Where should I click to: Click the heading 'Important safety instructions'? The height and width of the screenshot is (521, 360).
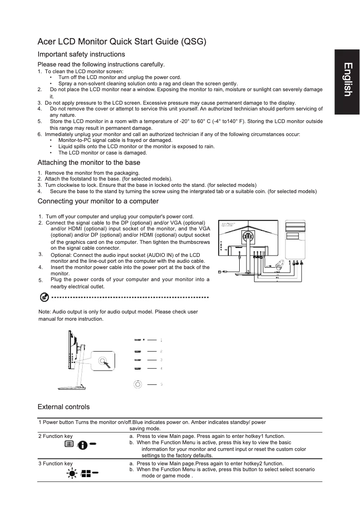click(81, 54)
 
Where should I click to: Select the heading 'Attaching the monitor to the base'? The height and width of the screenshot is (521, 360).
click(89, 162)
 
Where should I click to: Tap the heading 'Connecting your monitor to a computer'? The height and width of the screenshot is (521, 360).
click(98, 201)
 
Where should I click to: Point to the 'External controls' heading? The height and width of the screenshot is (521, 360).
click(64, 407)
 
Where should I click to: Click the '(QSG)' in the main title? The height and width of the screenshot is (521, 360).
click(193, 42)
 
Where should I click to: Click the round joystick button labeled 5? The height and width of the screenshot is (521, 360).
click(138, 384)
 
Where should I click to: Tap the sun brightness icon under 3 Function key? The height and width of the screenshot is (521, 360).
click(72, 473)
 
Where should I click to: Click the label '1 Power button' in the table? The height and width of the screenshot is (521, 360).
click(56, 422)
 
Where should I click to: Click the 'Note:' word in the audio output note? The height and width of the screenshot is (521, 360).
click(45, 312)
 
